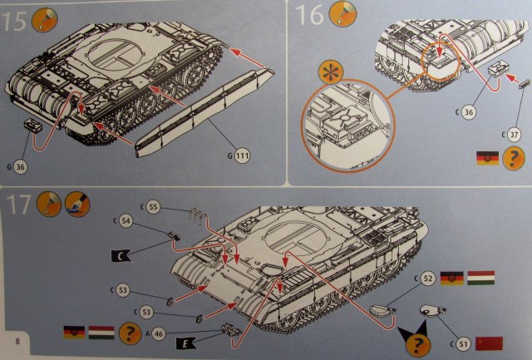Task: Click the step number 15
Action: [x=16, y=18]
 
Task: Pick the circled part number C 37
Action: [x=514, y=133]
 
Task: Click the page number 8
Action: [x=18, y=341]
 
